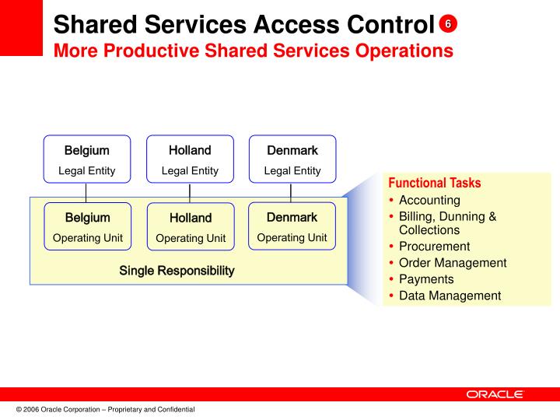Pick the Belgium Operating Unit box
click(87, 226)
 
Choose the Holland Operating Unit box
click(191, 227)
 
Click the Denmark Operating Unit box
click(292, 226)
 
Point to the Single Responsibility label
click(177, 271)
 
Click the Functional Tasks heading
click(434, 184)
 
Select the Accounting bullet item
click(429, 200)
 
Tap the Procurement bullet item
click(434, 247)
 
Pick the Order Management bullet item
click(452, 263)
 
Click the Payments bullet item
click(426, 279)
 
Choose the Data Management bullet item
click(450, 296)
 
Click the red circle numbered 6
click(448, 24)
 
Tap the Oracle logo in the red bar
click(495, 394)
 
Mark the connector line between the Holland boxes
click(190, 193)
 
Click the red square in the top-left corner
click(21, 27)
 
